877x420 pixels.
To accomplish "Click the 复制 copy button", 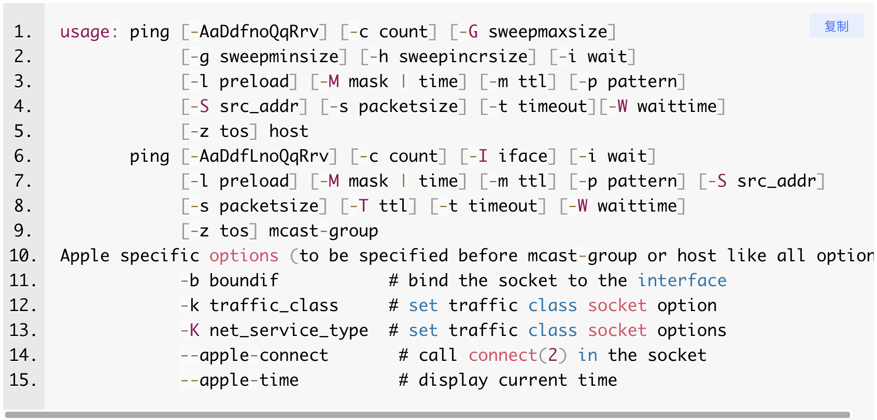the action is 836,26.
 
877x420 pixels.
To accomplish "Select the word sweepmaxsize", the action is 548,32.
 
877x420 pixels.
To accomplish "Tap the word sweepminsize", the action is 279,57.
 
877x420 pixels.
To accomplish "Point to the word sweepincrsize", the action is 463,57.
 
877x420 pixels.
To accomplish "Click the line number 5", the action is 23,131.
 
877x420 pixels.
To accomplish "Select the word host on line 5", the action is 289,131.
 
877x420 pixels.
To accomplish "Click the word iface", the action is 522,156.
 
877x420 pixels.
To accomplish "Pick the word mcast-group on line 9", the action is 323,231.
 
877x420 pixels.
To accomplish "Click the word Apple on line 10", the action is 85,256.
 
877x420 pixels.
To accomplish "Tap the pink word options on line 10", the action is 244,256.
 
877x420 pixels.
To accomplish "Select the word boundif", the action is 244,281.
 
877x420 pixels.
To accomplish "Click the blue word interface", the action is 682,281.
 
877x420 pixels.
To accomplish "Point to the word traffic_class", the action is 274,305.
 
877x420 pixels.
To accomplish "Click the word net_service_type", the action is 289,331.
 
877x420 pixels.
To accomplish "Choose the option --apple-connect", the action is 254,356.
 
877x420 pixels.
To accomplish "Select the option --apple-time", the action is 239,381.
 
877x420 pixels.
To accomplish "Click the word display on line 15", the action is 453,381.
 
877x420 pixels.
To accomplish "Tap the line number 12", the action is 23,305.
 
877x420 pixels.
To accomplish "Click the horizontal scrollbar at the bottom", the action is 428,414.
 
